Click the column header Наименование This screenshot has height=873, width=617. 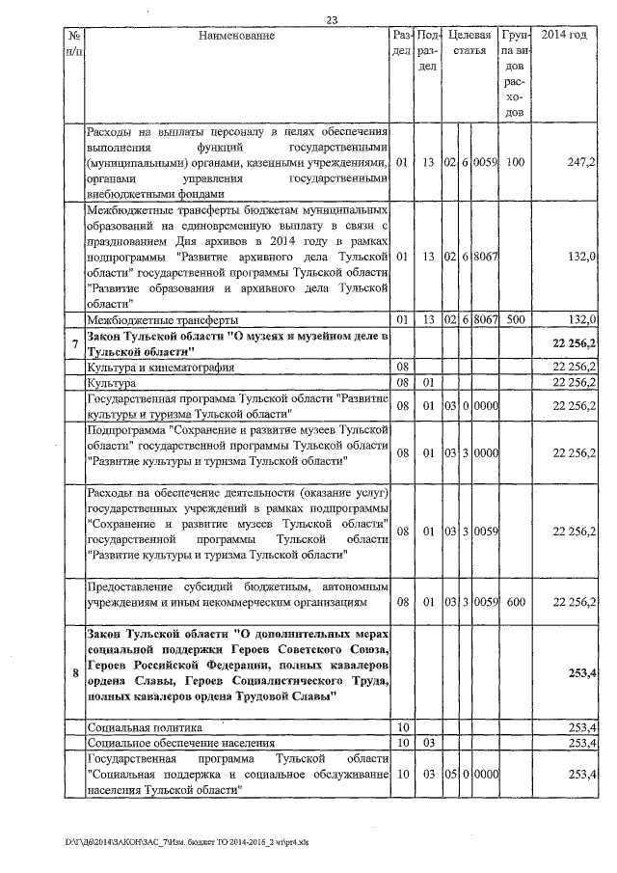click(x=236, y=36)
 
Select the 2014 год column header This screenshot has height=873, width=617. click(x=564, y=36)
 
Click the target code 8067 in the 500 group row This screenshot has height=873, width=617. click(x=485, y=319)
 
